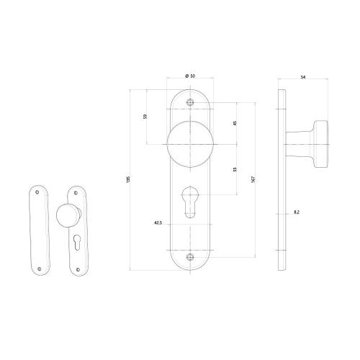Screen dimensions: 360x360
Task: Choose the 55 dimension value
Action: pyautogui.click(x=235, y=169)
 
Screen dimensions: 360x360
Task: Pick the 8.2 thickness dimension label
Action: pyautogui.click(x=297, y=212)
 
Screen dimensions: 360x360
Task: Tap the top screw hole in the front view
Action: pyautogui.click(x=190, y=102)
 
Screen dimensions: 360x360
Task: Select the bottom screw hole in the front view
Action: pyautogui.click(x=190, y=256)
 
